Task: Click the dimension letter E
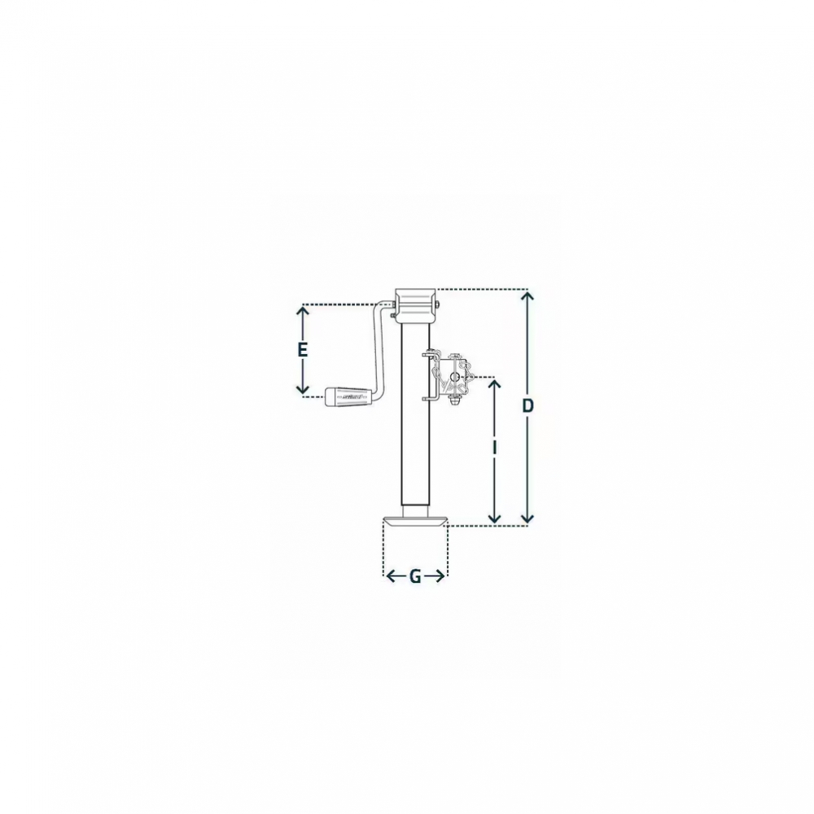click(303, 350)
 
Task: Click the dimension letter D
click(527, 405)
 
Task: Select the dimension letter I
click(495, 448)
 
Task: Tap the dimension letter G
click(415, 576)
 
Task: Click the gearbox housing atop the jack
click(414, 307)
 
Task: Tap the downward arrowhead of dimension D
click(527, 517)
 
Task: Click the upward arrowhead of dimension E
click(303, 312)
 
